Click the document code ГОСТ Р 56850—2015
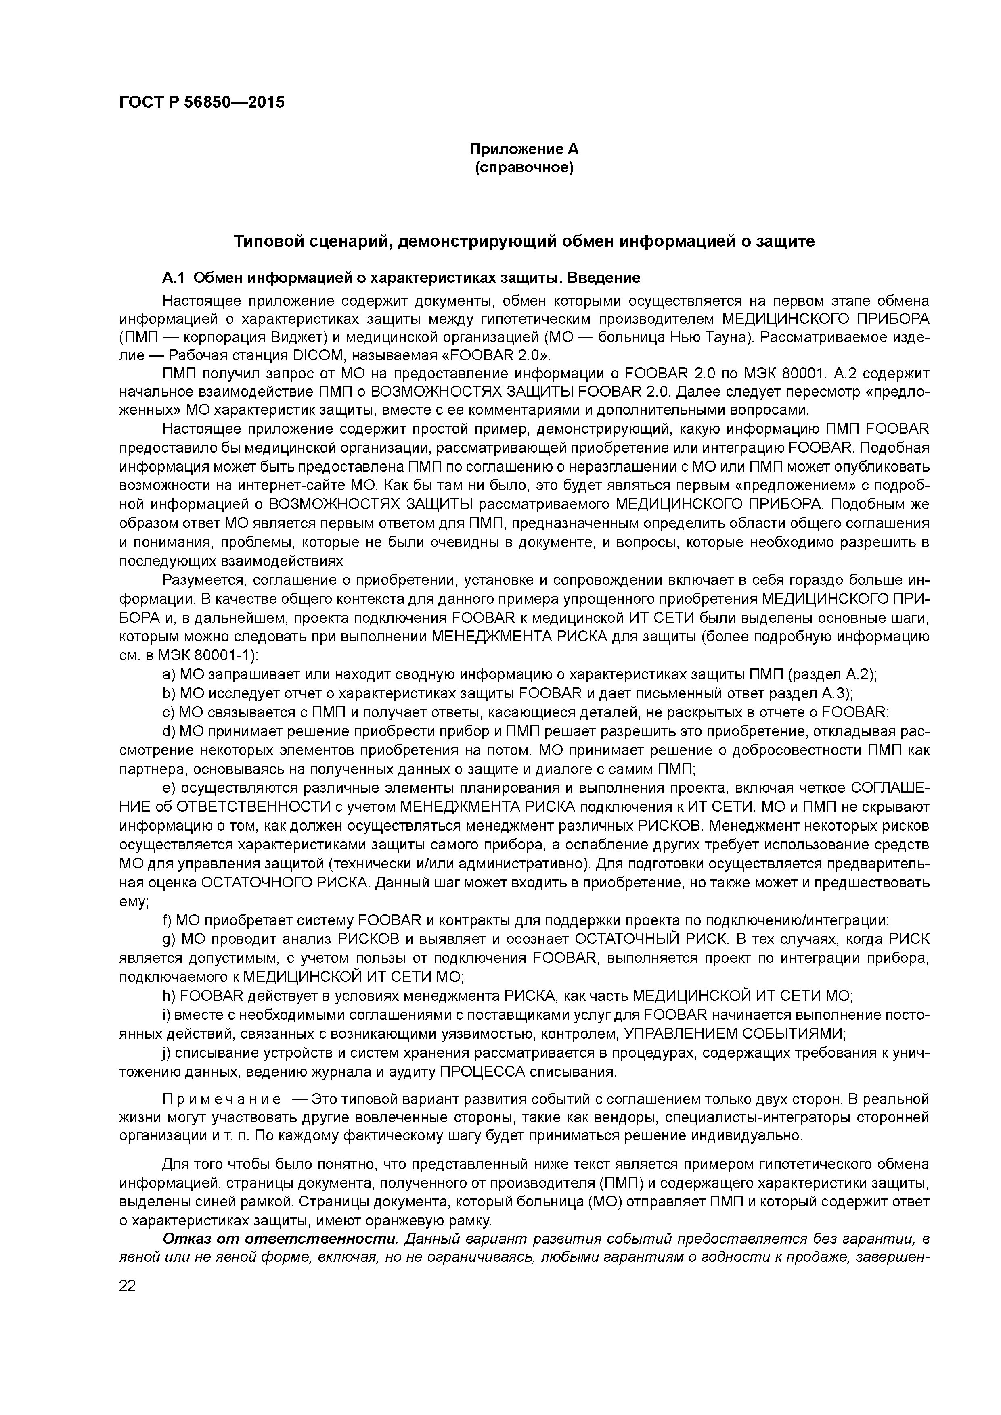(x=202, y=102)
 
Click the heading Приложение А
(x=524, y=149)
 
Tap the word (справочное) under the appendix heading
(x=524, y=168)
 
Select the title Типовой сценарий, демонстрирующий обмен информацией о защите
(x=524, y=242)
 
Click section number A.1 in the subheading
(x=173, y=278)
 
